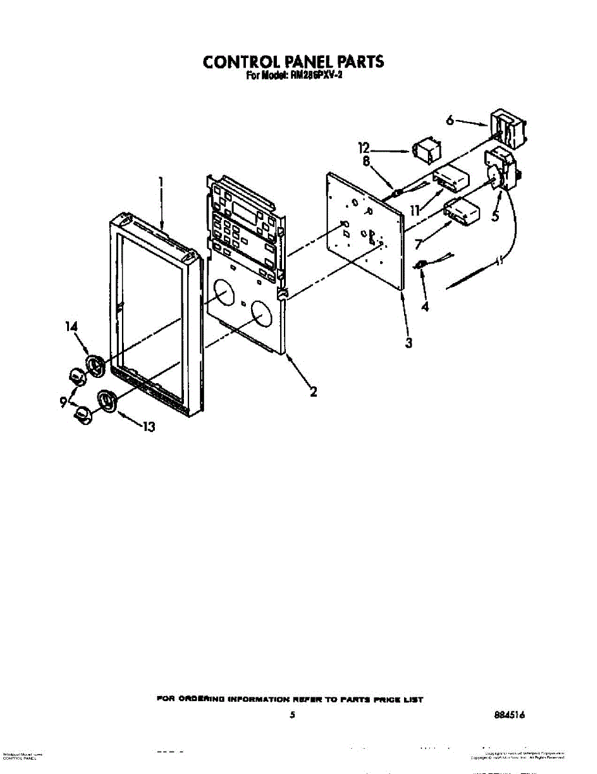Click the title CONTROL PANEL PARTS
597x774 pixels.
[x=293, y=61]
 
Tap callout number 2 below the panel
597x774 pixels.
[x=313, y=391]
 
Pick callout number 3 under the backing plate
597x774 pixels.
[x=409, y=342]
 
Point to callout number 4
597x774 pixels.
[x=424, y=307]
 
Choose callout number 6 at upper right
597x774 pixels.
[x=450, y=119]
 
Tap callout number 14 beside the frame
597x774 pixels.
[x=71, y=327]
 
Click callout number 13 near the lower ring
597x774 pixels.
[x=148, y=426]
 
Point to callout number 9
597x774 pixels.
[x=63, y=401]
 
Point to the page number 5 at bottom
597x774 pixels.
[x=292, y=715]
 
